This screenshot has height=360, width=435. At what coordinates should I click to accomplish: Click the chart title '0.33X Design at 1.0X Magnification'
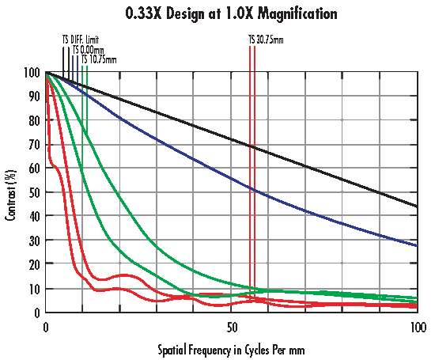tap(220, 14)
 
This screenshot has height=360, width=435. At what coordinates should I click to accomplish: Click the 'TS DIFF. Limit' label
tap(81, 39)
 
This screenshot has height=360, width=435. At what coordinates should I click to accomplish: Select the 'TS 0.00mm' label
tap(87, 49)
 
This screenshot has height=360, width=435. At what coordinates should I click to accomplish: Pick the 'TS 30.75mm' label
tap(267, 39)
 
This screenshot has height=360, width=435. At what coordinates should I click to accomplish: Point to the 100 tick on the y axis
tap(32, 73)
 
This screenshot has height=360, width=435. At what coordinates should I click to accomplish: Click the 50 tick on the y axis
tap(34, 192)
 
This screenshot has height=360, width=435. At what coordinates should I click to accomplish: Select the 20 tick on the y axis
tap(34, 264)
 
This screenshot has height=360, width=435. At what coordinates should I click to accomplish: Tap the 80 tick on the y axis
tap(34, 120)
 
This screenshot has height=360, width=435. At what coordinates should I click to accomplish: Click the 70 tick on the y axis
tap(34, 145)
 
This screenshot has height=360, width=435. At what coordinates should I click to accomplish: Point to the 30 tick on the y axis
tap(34, 241)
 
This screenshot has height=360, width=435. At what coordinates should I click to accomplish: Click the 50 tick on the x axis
tap(231, 326)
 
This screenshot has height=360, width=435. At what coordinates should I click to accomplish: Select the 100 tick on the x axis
tap(415, 326)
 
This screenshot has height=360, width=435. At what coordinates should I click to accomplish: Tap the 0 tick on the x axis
tap(47, 326)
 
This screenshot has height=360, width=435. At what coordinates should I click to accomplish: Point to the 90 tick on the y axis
tap(34, 97)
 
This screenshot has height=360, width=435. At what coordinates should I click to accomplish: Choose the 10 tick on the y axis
tap(34, 289)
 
